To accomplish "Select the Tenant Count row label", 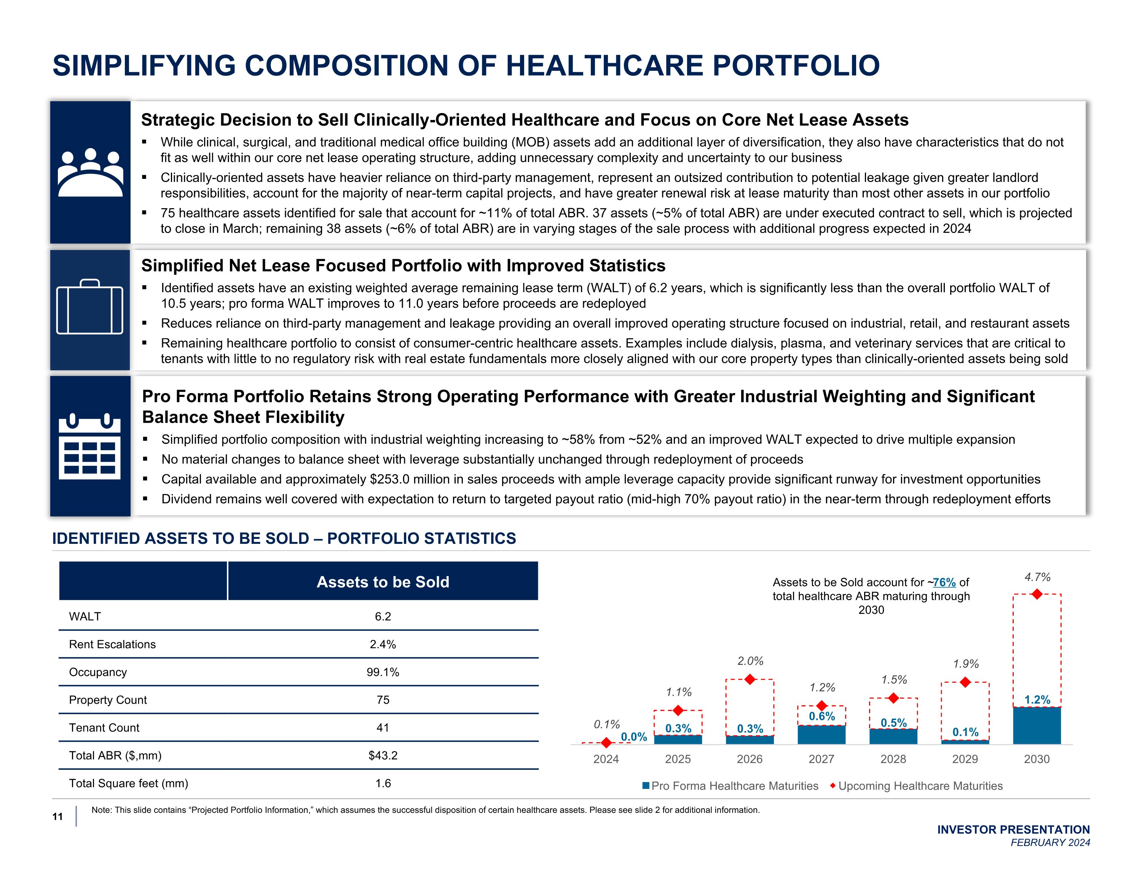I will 104,727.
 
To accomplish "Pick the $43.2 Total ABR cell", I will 383,755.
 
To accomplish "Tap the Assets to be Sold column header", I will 383,581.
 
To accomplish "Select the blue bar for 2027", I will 821,734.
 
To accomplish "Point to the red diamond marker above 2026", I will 750,679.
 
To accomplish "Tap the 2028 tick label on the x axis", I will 893,759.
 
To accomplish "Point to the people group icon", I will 90,172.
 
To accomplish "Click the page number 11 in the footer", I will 57,817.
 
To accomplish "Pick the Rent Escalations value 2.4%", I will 383,644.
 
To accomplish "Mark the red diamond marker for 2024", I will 606,742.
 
